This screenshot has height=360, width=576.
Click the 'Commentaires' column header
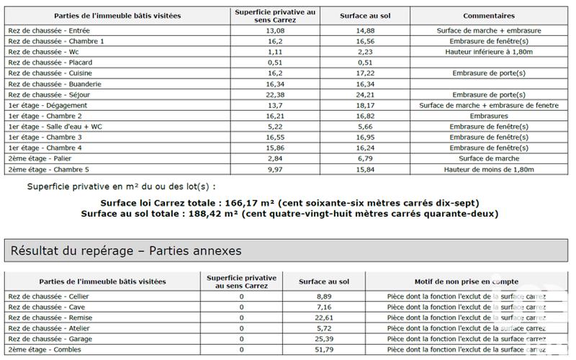pyautogui.click(x=488, y=15)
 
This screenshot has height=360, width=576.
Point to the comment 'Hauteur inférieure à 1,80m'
pyautogui.click(x=488, y=52)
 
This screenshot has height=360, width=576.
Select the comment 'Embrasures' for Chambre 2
pyautogui.click(x=488, y=116)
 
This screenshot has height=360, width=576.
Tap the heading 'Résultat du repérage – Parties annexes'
pyautogui.click(x=125, y=251)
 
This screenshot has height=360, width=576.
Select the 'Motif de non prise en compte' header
pyautogui.click(x=466, y=281)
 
